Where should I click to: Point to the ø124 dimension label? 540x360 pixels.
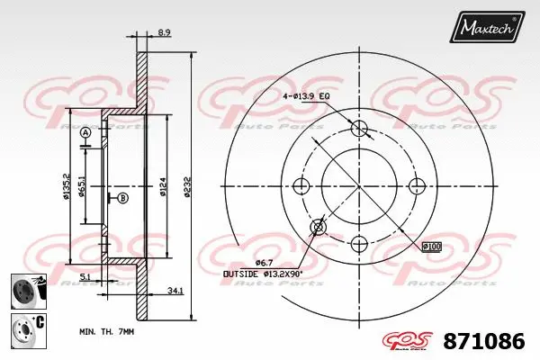(163, 187)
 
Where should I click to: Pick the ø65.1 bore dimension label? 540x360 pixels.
(81, 187)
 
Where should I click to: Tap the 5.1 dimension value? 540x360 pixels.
(85, 277)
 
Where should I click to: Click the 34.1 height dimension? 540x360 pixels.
(175, 291)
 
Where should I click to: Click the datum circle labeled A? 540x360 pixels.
(86, 133)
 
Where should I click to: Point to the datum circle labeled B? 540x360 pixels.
(123, 198)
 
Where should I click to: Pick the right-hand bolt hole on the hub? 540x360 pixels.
(417, 185)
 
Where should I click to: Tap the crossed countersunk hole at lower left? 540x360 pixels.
(318, 227)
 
